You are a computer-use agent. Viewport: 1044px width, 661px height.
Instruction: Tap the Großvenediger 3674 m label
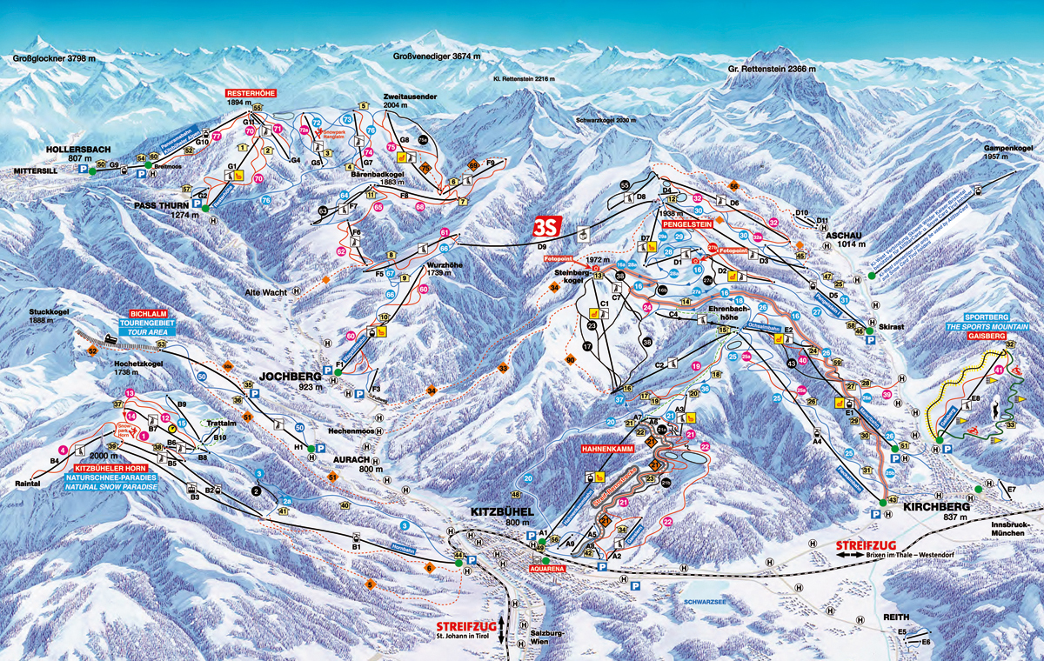pyautogui.click(x=436, y=57)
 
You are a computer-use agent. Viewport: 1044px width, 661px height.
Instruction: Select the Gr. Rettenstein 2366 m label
pyautogui.click(x=772, y=69)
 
